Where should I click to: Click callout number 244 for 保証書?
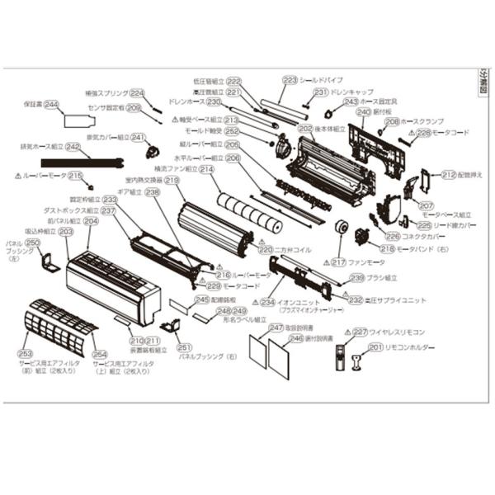click(x=51, y=105)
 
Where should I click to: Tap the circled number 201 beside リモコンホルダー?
click(x=376, y=347)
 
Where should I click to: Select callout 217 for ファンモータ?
click(x=338, y=262)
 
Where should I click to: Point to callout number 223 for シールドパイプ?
click(x=290, y=80)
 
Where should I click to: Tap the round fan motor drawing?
click(x=339, y=228)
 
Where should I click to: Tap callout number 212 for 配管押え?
click(x=448, y=174)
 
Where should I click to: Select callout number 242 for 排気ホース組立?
click(x=73, y=147)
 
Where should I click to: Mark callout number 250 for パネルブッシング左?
click(x=33, y=243)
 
